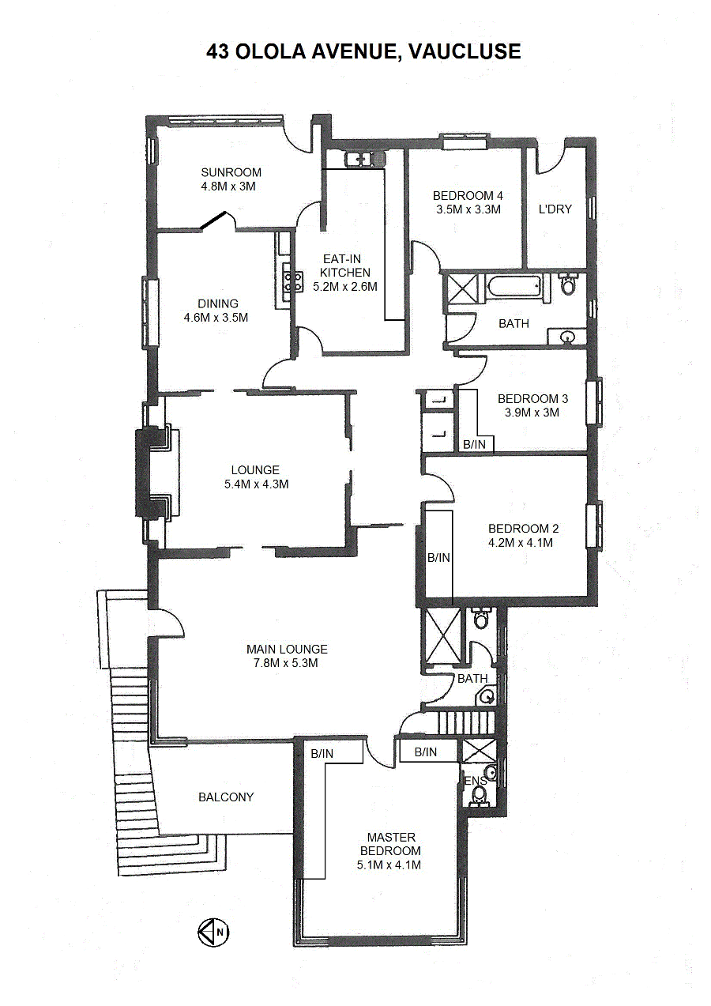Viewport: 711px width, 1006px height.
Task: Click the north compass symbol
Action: pyautogui.click(x=213, y=932)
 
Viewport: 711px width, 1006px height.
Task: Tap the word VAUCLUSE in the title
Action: pyautogui.click(x=465, y=51)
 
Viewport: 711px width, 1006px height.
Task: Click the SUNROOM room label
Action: pyautogui.click(x=231, y=172)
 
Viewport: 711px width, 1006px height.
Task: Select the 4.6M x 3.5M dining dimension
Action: pyautogui.click(x=216, y=318)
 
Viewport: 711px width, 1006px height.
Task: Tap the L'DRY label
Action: pyautogui.click(x=555, y=209)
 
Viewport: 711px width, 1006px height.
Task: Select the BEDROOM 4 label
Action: pyautogui.click(x=468, y=196)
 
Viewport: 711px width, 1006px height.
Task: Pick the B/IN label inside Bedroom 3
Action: pyautogui.click(x=475, y=445)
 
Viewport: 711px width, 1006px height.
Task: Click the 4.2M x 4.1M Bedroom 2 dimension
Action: pyautogui.click(x=521, y=543)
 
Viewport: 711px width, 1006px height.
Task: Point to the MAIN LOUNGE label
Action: pyautogui.click(x=287, y=649)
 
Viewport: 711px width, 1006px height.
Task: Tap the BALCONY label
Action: pyautogui.click(x=226, y=797)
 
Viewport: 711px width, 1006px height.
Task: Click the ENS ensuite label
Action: pyautogui.click(x=476, y=781)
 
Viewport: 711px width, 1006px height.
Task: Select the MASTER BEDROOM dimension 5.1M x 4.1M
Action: pyautogui.click(x=389, y=865)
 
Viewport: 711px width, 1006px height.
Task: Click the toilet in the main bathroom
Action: pyautogui.click(x=568, y=284)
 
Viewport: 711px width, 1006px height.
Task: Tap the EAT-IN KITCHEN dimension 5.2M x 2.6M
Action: pyautogui.click(x=345, y=287)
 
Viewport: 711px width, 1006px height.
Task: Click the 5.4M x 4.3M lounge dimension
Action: pyautogui.click(x=256, y=484)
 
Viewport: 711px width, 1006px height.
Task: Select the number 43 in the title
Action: pyautogui.click(x=218, y=51)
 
